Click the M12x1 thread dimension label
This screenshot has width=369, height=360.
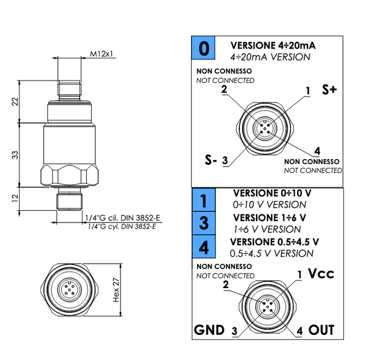tap(102, 54)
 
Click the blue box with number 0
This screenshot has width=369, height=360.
tap(204, 49)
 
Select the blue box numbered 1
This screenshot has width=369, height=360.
tap(204, 198)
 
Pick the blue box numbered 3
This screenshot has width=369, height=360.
tap(204, 222)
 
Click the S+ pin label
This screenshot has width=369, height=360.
tap(330, 90)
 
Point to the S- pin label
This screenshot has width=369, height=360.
tap(211, 160)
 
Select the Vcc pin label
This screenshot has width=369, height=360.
tap(320, 273)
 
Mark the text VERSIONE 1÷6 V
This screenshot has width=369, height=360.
tap(269, 217)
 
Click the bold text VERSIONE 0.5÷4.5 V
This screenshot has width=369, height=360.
tap(275, 241)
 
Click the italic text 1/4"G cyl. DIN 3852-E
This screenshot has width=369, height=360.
tap(121, 227)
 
